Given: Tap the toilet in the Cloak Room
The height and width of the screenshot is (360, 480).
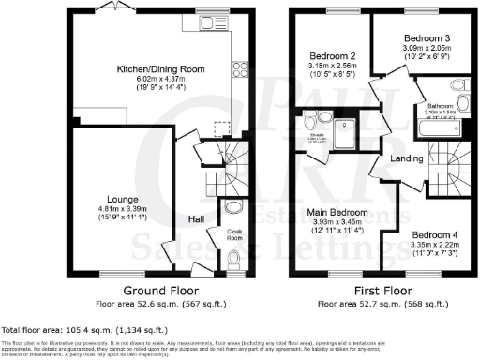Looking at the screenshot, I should pyautogui.click(x=233, y=256).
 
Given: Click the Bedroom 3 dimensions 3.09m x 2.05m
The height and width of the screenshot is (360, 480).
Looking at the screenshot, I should pyautogui.click(x=413, y=47).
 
